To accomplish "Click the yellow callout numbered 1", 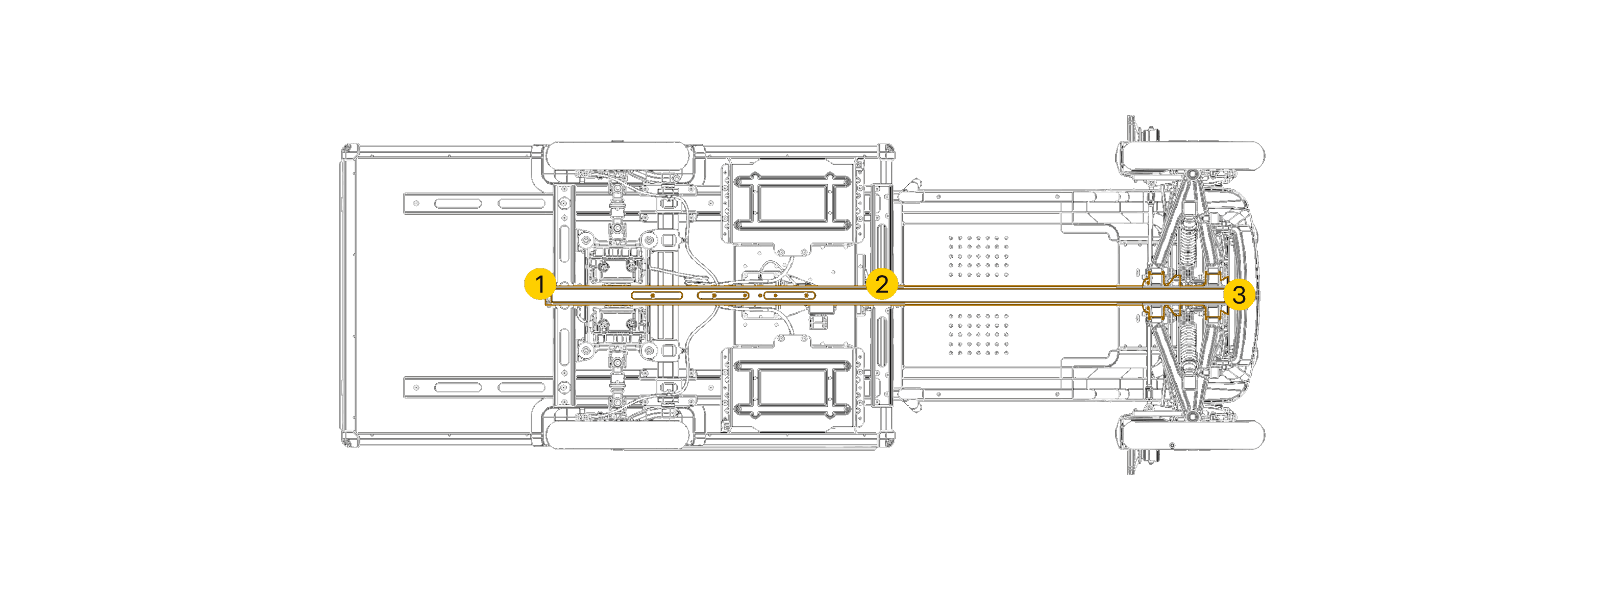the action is tap(540, 284).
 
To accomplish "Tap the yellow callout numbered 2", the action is tap(881, 284).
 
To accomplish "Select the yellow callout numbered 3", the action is tap(1239, 294).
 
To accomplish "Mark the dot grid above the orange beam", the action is tap(979, 256).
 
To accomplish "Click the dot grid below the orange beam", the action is tap(979, 334).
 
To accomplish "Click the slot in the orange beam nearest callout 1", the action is tap(655, 295).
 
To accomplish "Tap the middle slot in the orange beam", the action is tap(723, 295).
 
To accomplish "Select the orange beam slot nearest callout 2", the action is tap(789, 295).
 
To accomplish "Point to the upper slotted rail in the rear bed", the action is tap(478, 204).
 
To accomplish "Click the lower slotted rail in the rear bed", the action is tap(478, 387).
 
